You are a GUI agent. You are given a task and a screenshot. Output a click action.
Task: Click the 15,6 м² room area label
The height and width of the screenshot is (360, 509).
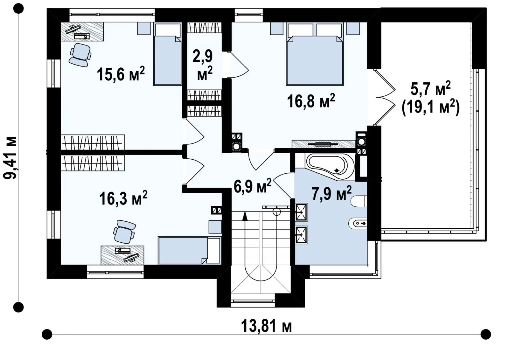(121, 74)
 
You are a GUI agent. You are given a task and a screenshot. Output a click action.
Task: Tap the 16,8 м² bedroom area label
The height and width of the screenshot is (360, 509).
(311, 100)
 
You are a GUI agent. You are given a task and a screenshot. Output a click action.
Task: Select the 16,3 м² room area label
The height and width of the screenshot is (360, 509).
(123, 198)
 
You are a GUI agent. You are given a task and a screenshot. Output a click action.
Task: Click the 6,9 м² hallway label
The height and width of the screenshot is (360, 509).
(253, 185)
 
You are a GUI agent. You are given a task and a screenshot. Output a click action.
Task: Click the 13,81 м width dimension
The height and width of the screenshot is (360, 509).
(266, 326)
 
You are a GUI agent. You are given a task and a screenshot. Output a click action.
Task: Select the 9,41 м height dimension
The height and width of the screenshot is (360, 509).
(10, 158)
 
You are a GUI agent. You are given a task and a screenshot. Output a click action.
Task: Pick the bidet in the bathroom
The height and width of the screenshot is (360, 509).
(358, 223)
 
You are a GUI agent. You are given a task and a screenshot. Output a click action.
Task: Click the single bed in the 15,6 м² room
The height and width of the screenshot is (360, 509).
(167, 54)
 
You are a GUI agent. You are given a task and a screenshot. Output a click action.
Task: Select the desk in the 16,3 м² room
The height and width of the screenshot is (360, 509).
(122, 255)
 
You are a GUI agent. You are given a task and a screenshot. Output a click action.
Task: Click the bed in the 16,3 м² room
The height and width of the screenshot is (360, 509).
(190, 251)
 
